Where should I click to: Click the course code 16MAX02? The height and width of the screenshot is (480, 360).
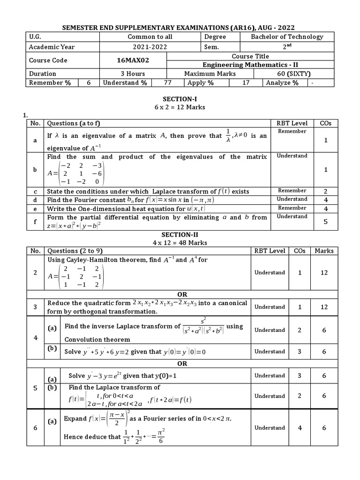pyautogui.click(x=133, y=60)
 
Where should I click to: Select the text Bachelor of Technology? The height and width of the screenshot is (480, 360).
pyautogui.click(x=287, y=37)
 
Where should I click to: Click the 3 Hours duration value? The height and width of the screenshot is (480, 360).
pyautogui.click(x=133, y=74)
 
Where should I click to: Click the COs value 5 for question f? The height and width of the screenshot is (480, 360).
pyautogui.click(x=325, y=222)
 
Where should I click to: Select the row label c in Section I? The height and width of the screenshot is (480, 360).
pyautogui.click(x=34, y=191)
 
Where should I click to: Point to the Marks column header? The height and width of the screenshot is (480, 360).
pyautogui.click(x=324, y=251)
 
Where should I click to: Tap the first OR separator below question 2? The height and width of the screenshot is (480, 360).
pyautogui.click(x=182, y=294)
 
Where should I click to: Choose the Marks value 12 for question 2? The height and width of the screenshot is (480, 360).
pyautogui.click(x=324, y=272)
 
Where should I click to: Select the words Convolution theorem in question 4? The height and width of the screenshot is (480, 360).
pyautogui.click(x=97, y=339)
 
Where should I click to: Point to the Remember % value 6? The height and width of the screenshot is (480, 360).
pyautogui.click(x=88, y=82)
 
